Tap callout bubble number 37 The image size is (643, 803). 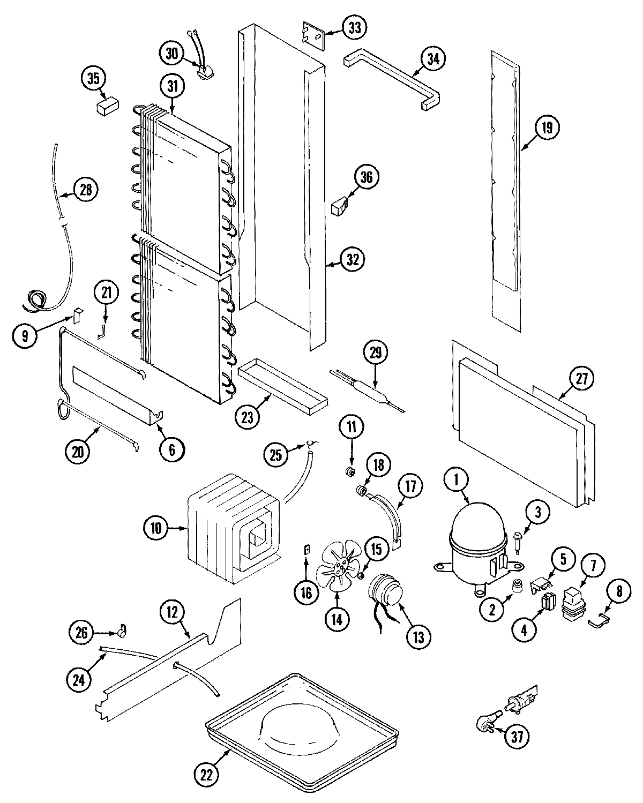515,737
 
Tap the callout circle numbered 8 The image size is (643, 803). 619,591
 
